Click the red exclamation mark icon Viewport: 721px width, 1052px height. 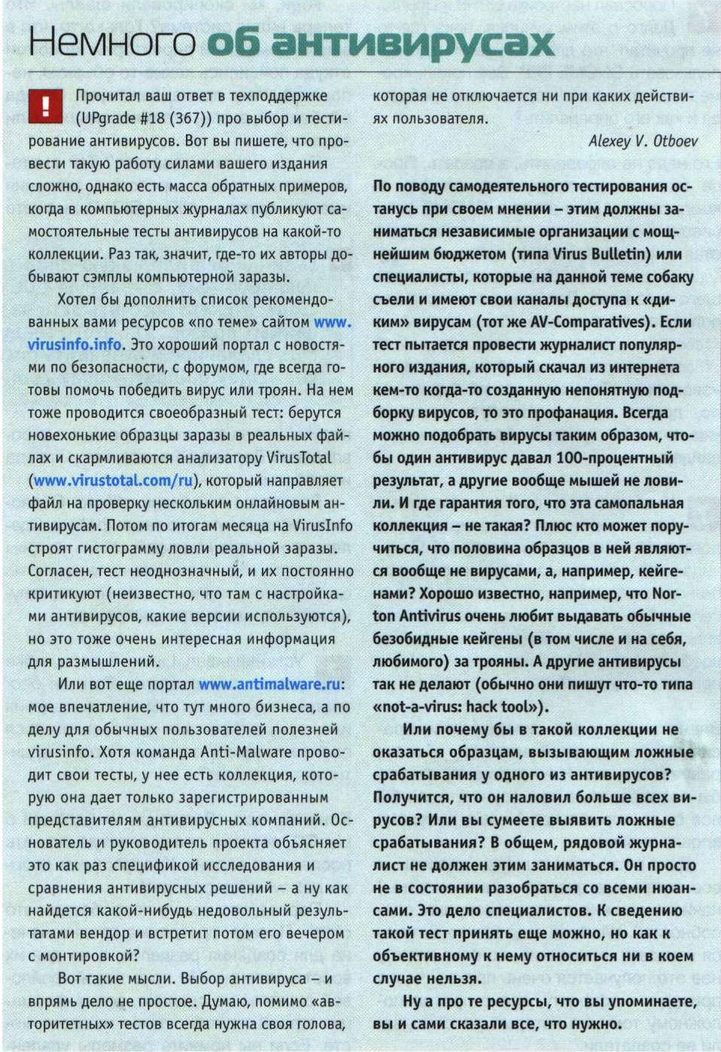coord(44,106)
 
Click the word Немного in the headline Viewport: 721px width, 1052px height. coord(111,43)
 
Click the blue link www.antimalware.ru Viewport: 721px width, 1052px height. coord(269,685)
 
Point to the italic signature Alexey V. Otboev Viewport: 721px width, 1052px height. coord(643,141)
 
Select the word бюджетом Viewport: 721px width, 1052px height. coord(410,254)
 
